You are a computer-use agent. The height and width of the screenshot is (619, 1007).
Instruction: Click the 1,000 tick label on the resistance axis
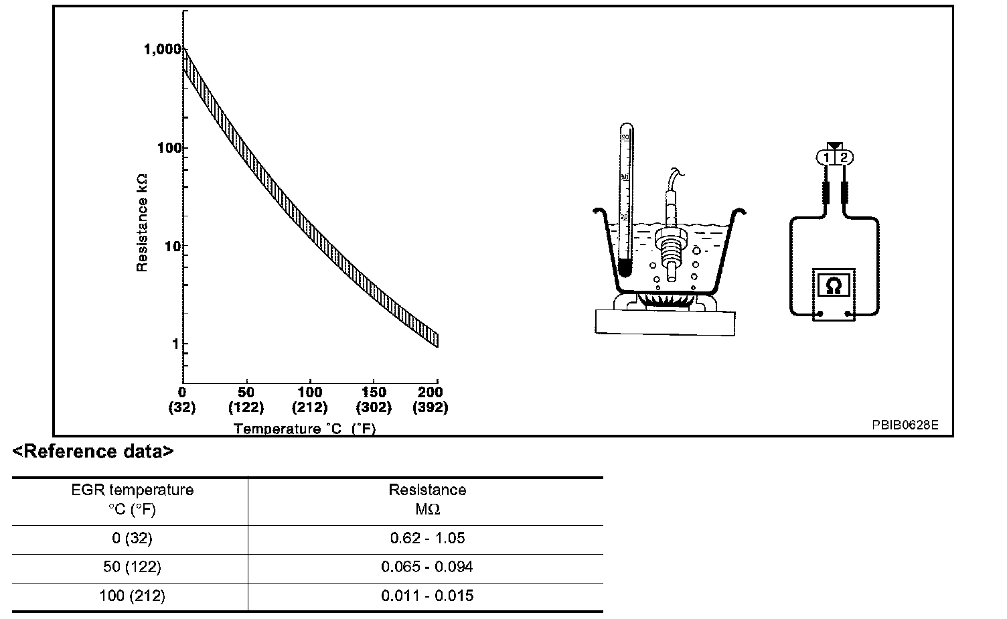(x=163, y=49)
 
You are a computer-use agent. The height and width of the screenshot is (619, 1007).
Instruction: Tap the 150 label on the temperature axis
(x=374, y=393)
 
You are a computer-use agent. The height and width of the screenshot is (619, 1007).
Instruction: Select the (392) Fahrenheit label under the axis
(x=431, y=407)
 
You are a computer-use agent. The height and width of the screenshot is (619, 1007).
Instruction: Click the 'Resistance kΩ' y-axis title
(x=142, y=222)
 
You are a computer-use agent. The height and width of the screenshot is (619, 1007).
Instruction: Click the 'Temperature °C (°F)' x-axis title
(x=305, y=428)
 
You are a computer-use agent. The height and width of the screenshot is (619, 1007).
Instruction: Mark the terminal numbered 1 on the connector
(x=826, y=157)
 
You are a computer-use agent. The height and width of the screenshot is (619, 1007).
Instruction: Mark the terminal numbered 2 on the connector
(x=844, y=157)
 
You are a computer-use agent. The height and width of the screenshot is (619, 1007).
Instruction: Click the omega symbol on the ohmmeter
(x=834, y=286)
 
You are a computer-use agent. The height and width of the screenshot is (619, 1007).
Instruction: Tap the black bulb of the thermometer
(x=625, y=268)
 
